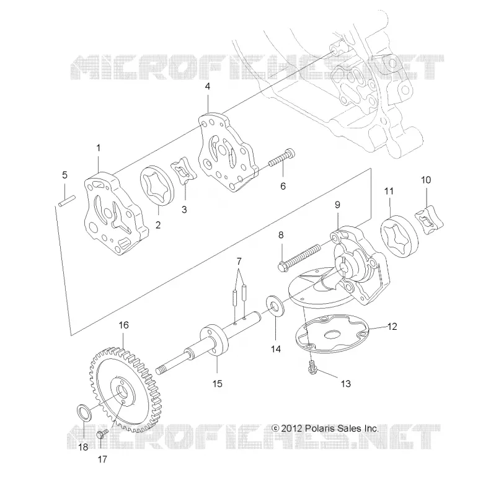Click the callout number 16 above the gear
(123, 325)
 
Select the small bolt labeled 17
(102, 433)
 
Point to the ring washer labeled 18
(84, 412)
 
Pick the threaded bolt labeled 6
(282, 158)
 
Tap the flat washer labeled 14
(275, 305)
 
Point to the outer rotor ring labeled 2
(157, 185)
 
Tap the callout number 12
(392, 327)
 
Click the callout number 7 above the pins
(239, 261)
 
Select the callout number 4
(208, 86)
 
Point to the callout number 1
(99, 148)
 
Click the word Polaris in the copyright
(317, 428)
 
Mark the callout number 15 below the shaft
(218, 384)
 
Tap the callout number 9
(337, 205)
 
